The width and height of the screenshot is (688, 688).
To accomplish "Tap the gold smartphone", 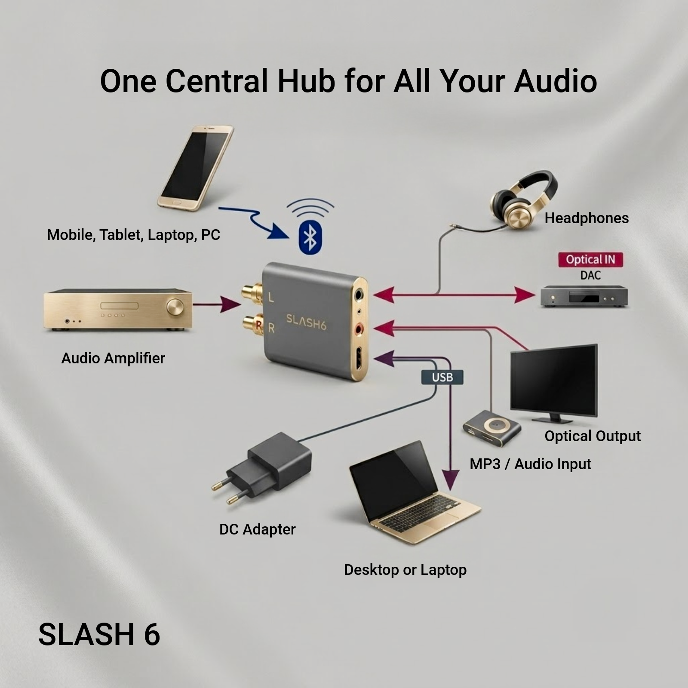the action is [x=196, y=168].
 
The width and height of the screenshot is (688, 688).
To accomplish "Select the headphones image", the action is [x=524, y=200].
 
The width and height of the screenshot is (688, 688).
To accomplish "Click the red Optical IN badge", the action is [x=590, y=260].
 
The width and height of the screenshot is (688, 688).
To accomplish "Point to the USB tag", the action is [x=442, y=378].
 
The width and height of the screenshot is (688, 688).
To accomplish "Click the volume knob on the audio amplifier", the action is [x=175, y=307].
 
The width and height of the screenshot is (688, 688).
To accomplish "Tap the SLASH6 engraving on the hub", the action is [x=306, y=322].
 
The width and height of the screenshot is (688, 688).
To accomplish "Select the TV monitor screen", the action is [x=554, y=380].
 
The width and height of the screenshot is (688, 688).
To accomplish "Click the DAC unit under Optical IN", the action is [x=584, y=296].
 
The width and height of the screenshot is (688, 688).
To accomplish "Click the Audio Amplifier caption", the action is [x=113, y=358].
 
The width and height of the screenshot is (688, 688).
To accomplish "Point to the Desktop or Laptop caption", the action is [x=405, y=570].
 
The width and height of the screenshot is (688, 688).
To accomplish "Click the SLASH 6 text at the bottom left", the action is [x=99, y=635].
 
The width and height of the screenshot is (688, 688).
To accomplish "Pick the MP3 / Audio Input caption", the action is [x=530, y=464].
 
